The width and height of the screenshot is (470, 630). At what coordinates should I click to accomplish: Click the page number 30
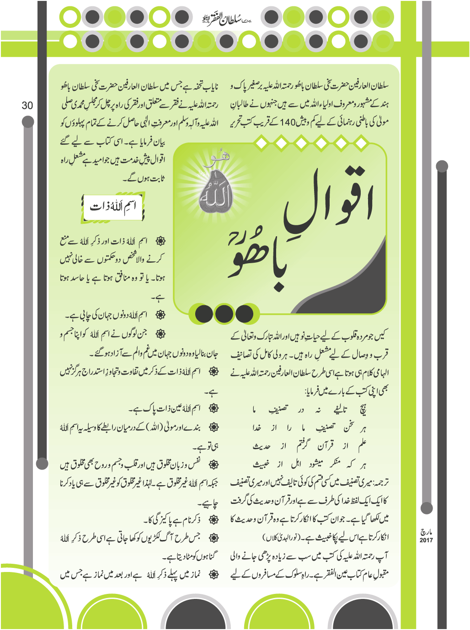click(x=27, y=106)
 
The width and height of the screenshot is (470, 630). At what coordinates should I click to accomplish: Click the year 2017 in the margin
click(x=426, y=540)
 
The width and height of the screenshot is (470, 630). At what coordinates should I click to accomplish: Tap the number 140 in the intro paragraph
click(x=288, y=122)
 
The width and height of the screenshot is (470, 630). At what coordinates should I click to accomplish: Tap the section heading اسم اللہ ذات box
click(x=113, y=207)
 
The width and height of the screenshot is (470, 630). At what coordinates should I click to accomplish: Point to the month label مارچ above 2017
click(x=426, y=532)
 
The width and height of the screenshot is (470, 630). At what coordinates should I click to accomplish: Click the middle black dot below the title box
click(x=224, y=314)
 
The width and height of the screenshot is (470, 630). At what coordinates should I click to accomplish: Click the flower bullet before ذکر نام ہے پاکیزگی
click(x=213, y=519)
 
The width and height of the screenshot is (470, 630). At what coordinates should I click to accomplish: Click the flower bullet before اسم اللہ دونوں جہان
click(x=160, y=315)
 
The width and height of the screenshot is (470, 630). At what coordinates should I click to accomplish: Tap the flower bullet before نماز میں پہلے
click(x=213, y=575)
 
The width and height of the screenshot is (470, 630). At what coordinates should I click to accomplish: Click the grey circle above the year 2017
click(x=427, y=508)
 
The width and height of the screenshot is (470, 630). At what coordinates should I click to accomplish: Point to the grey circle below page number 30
click(x=28, y=122)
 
